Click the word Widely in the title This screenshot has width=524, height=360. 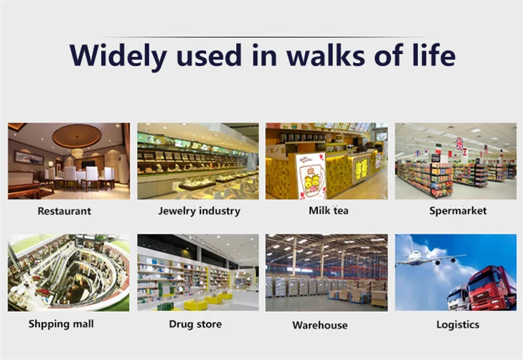118,56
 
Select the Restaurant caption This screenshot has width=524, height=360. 64,211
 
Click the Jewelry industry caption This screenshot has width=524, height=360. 199,211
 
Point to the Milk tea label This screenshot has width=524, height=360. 328,210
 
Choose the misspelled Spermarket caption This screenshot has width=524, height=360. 458,211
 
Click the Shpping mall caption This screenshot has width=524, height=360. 61,324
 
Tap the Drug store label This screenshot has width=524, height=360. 195,324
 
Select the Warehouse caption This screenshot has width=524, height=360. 320,325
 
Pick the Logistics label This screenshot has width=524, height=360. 458,324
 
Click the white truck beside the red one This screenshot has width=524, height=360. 459,297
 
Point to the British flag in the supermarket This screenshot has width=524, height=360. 459,143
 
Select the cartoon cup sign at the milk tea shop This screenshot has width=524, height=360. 311,176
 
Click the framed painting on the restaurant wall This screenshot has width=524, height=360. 29,158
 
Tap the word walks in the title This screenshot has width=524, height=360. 325,55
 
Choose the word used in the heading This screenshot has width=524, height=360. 209,55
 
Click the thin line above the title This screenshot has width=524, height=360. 264,37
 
